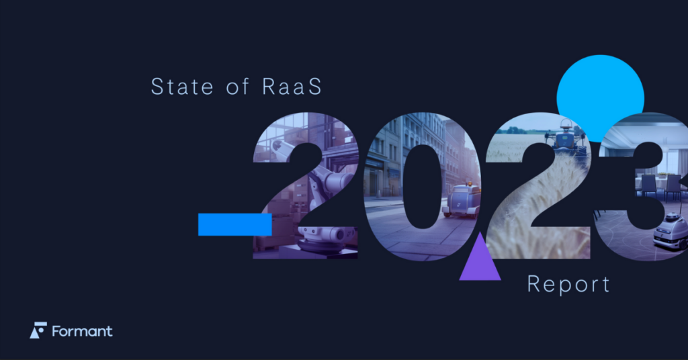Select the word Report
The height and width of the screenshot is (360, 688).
click(x=568, y=283)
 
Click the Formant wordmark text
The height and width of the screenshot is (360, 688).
click(x=83, y=331)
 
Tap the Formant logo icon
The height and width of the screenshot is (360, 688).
click(x=38, y=330)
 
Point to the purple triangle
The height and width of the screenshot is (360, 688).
click(x=480, y=261)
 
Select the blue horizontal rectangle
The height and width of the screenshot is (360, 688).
click(x=234, y=224)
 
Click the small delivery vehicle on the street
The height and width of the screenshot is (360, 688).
click(x=462, y=200)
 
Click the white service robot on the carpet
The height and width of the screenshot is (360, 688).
click(x=671, y=232)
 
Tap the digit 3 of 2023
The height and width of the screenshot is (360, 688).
click(x=645, y=188)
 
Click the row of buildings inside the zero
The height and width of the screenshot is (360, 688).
click(x=390, y=154)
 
